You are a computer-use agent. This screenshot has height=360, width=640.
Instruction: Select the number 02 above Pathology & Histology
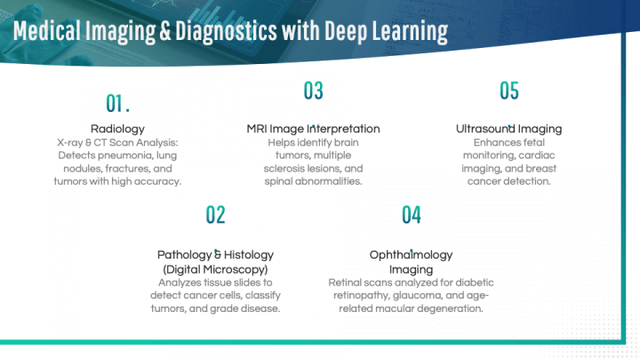point(215,214)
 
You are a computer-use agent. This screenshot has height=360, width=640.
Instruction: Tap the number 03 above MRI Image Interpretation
point(313,91)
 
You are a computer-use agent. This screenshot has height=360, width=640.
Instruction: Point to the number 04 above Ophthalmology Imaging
point(411,214)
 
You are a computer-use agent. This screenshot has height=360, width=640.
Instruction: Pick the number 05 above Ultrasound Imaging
point(508,91)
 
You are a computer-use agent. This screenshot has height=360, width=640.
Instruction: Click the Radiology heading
point(117,129)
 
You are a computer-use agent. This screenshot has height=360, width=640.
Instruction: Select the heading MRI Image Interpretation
point(313,129)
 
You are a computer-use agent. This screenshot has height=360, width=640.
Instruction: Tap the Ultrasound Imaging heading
point(508,129)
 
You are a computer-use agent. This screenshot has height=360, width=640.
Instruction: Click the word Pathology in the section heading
point(184,255)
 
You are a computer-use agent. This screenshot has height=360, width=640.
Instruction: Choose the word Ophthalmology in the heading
point(411,255)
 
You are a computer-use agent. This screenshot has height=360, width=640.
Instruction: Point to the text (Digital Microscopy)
point(215,268)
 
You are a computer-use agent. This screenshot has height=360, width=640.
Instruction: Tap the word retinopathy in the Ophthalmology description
point(362,295)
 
